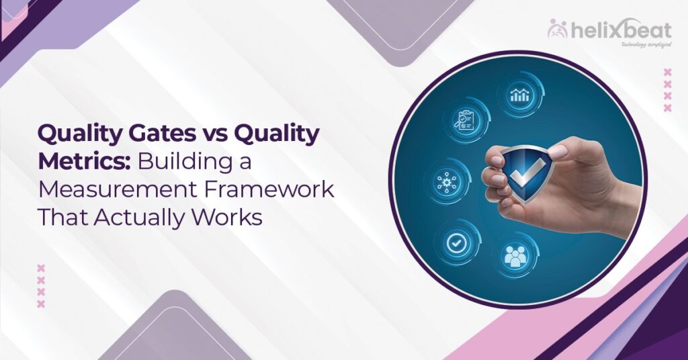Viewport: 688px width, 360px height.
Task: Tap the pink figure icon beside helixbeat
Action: tap(558, 29)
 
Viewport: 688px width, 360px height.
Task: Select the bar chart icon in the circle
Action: tap(519, 95)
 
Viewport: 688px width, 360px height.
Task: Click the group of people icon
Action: tap(515, 255)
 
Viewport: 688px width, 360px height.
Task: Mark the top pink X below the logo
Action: tap(667, 72)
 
